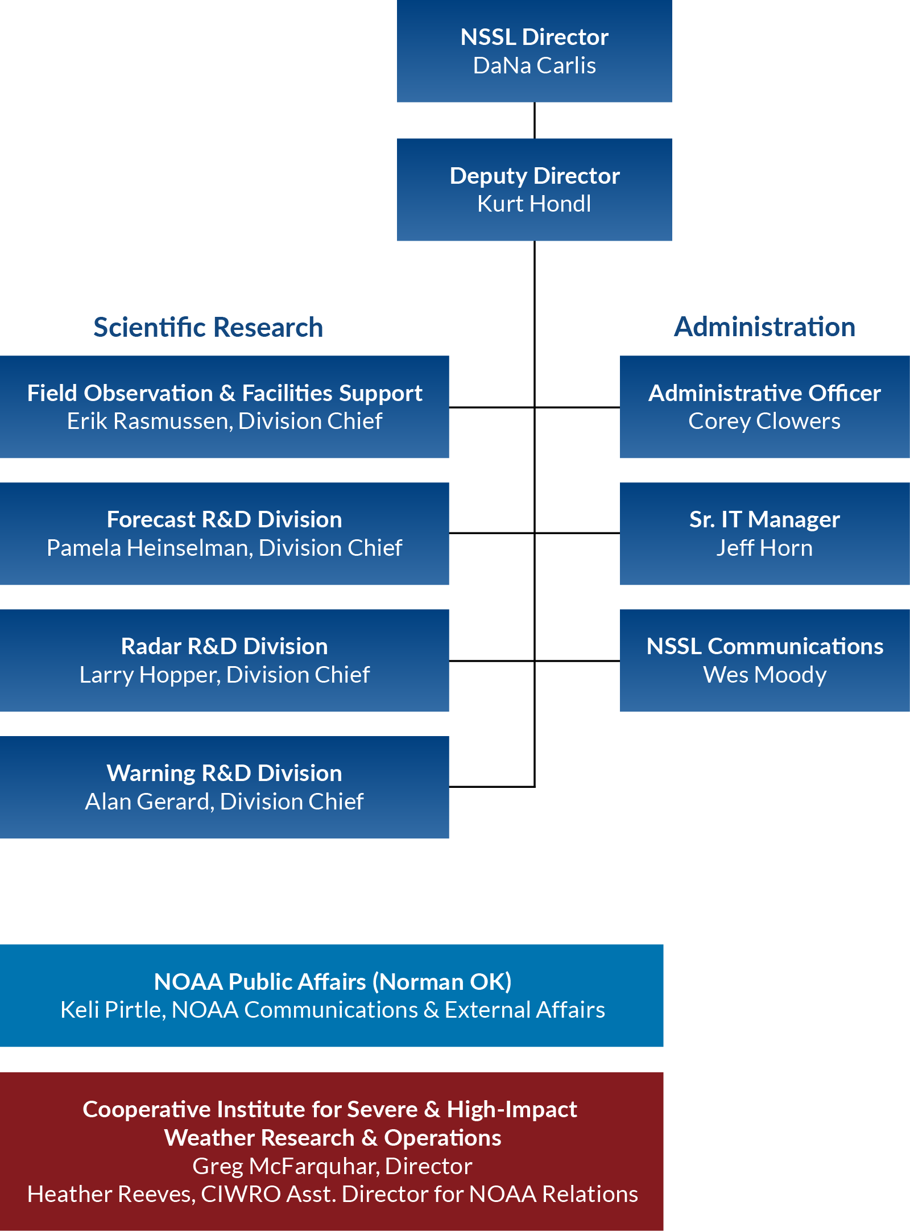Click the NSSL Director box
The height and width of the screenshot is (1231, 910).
[x=535, y=51]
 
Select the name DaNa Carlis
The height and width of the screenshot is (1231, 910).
[x=535, y=65]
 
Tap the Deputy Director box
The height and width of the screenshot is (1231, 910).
[x=535, y=189]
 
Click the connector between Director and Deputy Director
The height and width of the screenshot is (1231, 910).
[x=535, y=121]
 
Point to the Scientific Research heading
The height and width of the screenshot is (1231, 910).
[x=208, y=327]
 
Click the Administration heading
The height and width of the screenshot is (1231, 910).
[x=765, y=327]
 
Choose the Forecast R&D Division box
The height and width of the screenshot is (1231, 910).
[x=225, y=534]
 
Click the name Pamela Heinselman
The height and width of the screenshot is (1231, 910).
[x=150, y=548]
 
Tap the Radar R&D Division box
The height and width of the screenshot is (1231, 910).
[x=225, y=660]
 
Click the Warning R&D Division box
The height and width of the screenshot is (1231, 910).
[x=225, y=787]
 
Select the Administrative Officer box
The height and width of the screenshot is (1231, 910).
[x=765, y=407]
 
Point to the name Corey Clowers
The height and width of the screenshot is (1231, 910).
[x=764, y=421]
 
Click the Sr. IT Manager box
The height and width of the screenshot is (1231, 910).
[x=765, y=534]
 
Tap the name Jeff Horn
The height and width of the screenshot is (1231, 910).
[x=764, y=548]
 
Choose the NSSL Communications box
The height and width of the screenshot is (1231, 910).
[x=765, y=660]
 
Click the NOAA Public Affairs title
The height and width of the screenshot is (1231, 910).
[x=333, y=982]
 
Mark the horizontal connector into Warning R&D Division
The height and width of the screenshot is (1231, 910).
[x=492, y=787]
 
